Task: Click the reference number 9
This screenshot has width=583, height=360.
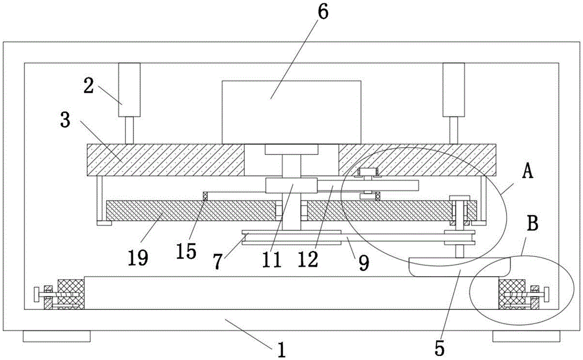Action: coord(364,264)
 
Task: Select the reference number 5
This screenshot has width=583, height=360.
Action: coord(439,347)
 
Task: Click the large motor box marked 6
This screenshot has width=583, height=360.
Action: coord(290,111)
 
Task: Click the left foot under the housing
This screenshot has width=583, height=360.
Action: coord(57,336)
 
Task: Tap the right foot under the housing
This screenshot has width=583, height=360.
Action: coord(526,336)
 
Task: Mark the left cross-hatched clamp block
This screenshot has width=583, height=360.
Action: coord(71,290)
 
